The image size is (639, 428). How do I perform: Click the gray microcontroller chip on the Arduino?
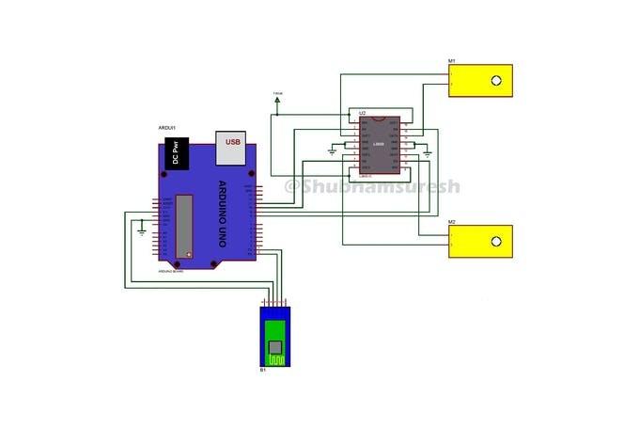pos(185,226)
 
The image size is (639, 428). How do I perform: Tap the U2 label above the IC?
pos(362,112)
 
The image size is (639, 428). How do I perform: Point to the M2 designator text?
pos(452,222)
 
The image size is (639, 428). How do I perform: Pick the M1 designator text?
pos(452,61)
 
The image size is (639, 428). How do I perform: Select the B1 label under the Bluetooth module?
pos(263,371)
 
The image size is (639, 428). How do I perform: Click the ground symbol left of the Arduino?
pos(141,227)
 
